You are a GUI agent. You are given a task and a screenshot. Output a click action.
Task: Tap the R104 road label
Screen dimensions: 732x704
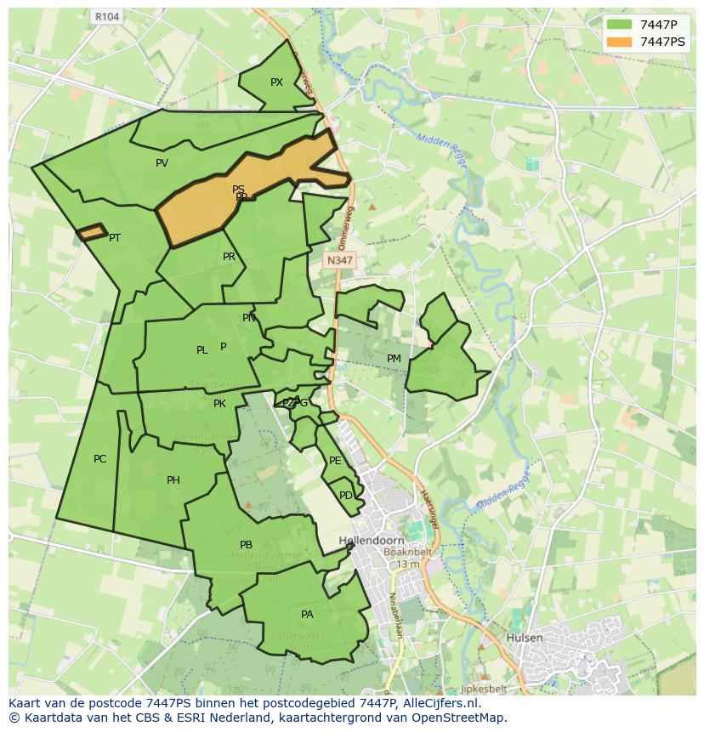pyautogui.click(x=107, y=16)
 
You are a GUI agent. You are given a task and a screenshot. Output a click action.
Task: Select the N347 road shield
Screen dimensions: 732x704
pyautogui.click(x=339, y=262)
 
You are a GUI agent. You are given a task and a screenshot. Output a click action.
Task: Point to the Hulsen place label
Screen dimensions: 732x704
pyautogui.click(x=524, y=638)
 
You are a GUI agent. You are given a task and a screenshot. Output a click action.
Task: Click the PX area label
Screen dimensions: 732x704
pyautogui.click(x=276, y=82)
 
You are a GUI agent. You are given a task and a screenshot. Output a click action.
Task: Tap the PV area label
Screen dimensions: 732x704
pyautogui.click(x=162, y=163)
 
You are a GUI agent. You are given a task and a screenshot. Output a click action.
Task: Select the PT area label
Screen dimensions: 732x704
pyautogui.click(x=115, y=238)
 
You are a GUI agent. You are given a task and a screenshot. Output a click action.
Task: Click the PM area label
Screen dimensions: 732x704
pyautogui.click(x=394, y=359)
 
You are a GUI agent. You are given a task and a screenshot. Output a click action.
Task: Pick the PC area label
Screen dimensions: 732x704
pyautogui.click(x=99, y=459)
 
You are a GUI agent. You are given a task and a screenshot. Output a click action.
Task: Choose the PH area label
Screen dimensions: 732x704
pyautogui.click(x=173, y=480)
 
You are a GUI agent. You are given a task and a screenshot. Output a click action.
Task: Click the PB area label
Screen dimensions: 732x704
pyautogui.click(x=246, y=545)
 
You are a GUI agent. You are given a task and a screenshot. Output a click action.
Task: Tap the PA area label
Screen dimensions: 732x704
pyautogui.click(x=307, y=614)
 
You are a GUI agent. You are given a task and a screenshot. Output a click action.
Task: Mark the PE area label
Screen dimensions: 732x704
pyautogui.click(x=335, y=461)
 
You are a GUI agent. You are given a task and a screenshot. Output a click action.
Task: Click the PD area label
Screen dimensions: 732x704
pyautogui.click(x=345, y=496)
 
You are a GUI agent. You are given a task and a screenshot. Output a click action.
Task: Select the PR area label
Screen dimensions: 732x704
pyautogui.click(x=229, y=257)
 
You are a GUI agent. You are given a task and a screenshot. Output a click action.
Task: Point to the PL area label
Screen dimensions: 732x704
pyautogui.click(x=202, y=350)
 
